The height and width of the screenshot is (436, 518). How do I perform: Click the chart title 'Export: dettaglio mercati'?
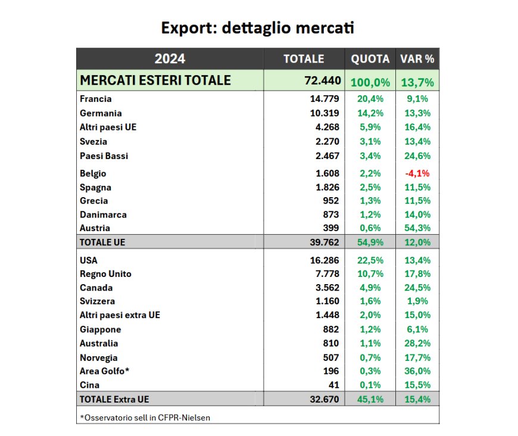coord(258,28)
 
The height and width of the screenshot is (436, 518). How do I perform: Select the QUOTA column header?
coord(370,58)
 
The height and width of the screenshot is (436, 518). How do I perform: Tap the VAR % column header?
coord(417,58)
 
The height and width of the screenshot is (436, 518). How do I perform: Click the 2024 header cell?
coord(170,58)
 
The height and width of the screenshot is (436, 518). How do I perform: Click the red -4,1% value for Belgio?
coord(417,173)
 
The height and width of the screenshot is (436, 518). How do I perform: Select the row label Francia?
coord(96,99)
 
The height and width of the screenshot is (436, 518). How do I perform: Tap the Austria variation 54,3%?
coord(417,228)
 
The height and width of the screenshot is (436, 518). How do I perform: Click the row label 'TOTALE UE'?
coord(102,242)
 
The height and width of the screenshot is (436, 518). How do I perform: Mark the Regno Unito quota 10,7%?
coord(370,274)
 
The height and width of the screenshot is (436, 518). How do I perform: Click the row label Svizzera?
coord(98,301)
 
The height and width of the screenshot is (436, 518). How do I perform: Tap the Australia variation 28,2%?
coord(417,343)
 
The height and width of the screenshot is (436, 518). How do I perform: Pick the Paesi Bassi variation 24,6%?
coord(417,156)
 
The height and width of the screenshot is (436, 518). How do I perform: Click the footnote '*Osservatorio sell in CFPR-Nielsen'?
coord(145,417)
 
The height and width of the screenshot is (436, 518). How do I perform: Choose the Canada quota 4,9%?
coord(370,288)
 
